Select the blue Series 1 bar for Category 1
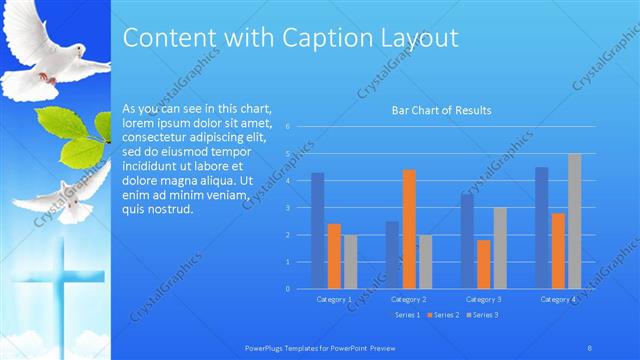point(317,230)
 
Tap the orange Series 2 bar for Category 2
point(408,229)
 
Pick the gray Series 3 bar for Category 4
point(574,221)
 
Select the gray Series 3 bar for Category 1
point(349,262)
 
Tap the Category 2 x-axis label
point(408,299)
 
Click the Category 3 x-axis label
point(484,299)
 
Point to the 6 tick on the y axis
point(287,127)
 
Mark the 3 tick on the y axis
point(287,208)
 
